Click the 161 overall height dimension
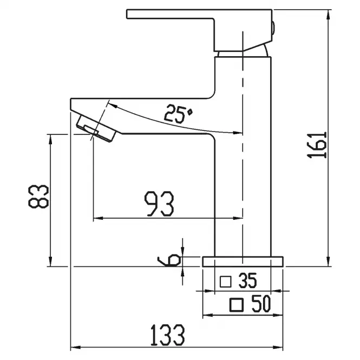pyautogui.click(x=317, y=145)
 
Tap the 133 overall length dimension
pyautogui.click(x=167, y=335)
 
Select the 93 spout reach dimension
pyautogui.click(x=159, y=204)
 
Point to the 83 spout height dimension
pyautogui.click(x=38, y=197)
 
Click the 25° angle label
pyautogui.click(x=178, y=114)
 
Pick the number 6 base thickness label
pyautogui.click(x=169, y=260)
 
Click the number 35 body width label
pyautogui.click(x=247, y=280)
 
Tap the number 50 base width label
pyautogui.click(x=261, y=304)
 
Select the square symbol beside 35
pyautogui.click(x=225, y=282)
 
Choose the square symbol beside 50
pyautogui.click(x=237, y=305)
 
